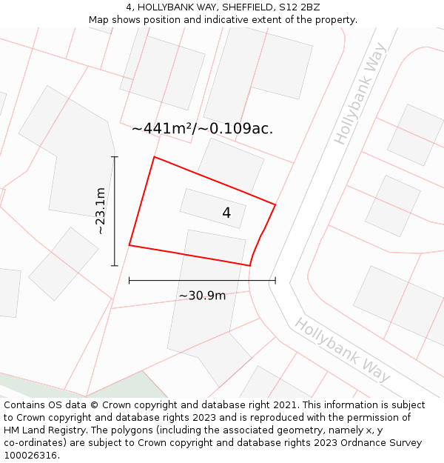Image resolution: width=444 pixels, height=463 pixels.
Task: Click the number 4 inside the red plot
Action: tap(226, 213)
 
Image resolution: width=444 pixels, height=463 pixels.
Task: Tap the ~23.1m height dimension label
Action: tap(101, 211)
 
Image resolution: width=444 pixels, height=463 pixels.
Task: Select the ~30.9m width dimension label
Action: tap(202, 296)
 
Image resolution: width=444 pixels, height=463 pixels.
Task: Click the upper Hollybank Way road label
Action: tap(360, 94)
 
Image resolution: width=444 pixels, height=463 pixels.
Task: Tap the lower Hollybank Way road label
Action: tap(342, 350)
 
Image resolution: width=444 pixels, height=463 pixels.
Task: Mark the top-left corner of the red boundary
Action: tap(154, 157)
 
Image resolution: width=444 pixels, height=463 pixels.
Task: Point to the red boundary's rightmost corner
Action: tap(275, 204)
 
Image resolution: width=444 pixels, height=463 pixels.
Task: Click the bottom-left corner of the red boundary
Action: tap(129, 245)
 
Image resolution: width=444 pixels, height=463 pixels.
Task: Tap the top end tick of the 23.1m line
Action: tap(114, 157)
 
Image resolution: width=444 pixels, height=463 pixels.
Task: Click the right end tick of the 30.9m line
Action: tap(275, 281)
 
